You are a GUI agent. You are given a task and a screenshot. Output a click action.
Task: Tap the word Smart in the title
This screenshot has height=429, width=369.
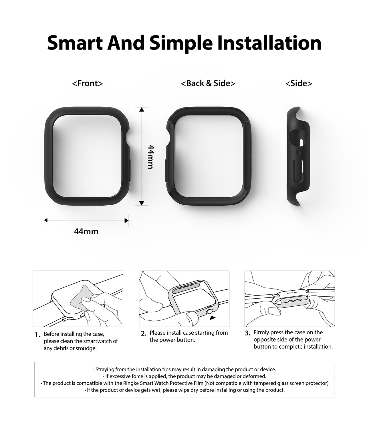75,43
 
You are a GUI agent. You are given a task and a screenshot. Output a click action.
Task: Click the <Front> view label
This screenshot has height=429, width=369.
87,83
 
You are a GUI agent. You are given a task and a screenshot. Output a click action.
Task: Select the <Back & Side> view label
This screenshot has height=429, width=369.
208,83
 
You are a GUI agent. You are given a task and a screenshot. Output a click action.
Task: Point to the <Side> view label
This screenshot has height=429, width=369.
299,83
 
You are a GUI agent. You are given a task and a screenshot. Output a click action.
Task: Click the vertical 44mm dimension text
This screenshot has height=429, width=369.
151,157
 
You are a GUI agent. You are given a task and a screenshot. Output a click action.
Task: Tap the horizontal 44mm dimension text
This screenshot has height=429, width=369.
86,231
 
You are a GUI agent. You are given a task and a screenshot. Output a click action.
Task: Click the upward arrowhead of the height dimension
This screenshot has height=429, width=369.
142,109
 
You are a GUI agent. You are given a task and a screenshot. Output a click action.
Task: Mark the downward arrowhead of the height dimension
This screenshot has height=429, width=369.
142,203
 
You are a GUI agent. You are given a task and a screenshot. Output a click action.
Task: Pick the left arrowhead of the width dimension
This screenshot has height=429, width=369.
46,220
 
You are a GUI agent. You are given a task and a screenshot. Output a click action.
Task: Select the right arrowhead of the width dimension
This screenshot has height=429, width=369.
126,221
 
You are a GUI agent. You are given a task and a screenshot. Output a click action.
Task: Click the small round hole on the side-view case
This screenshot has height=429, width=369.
299,152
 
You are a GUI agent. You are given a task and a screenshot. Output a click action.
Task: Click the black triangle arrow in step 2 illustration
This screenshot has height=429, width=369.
213,317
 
